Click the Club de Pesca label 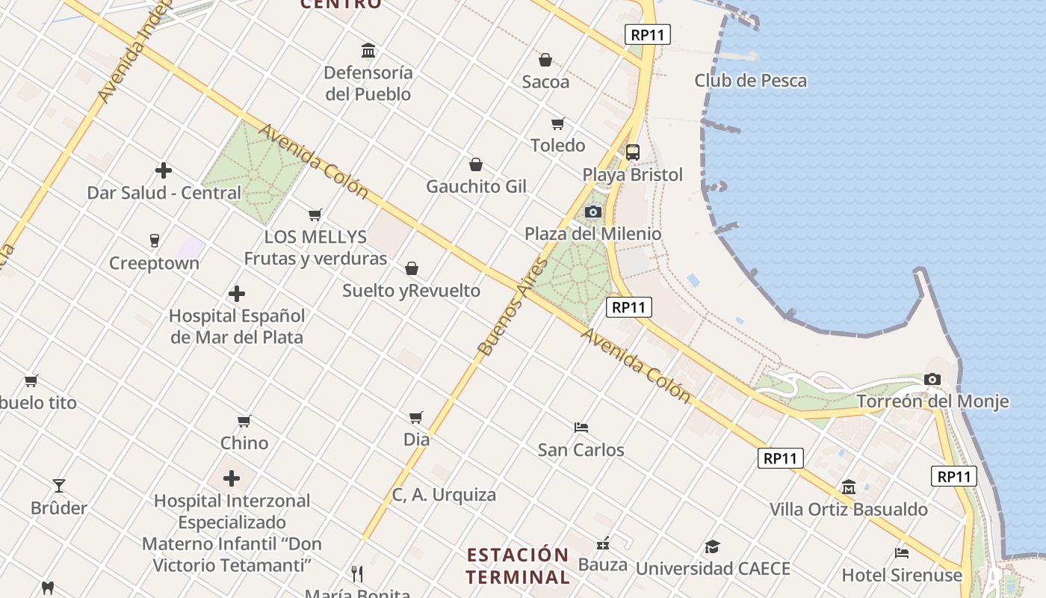[750, 81]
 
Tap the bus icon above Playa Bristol [633, 152]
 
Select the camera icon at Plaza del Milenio [593, 212]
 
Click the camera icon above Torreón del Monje [932, 380]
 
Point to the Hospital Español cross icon [237, 294]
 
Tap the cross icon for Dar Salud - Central [164, 170]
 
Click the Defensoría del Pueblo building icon [368, 51]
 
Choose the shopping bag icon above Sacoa [545, 60]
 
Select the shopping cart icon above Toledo [557, 123]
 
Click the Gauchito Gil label [476, 186]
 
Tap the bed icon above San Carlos [581, 428]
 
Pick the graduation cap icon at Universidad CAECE [712, 546]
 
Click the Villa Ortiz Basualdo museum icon [849, 487]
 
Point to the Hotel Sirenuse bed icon [902, 553]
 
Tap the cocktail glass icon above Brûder [59, 486]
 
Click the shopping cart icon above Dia [416, 417]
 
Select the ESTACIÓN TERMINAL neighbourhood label [518, 566]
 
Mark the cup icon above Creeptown [155, 241]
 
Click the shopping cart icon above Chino [244, 421]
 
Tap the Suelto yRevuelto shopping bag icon [412, 268]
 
